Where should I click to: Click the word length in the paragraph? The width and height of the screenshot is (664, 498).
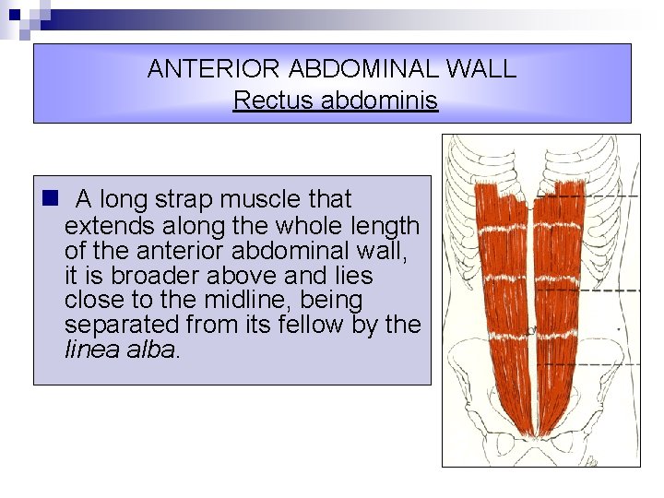(386, 225)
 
